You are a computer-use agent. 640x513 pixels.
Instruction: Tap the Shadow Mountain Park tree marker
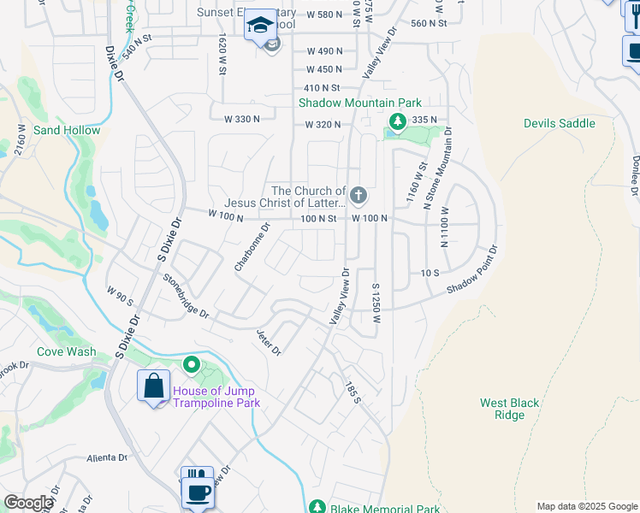tap(396, 120)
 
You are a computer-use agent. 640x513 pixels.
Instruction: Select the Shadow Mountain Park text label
tap(351, 103)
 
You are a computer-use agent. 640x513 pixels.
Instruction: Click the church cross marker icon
tap(359, 196)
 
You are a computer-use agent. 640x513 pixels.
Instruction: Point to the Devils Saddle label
tap(559, 123)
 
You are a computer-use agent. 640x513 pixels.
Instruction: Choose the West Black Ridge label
tap(509, 409)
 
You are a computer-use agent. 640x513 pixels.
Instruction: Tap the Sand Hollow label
tap(67, 130)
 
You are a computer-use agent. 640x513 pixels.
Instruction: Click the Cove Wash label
tap(66, 351)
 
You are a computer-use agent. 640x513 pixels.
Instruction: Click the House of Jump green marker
tap(193, 365)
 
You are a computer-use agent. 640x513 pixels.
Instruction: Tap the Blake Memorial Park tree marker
tap(317, 507)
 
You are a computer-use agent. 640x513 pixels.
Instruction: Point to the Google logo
tap(28, 503)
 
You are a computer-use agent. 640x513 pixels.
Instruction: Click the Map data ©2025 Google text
tap(586, 506)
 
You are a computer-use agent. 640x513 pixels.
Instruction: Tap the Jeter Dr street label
tap(269, 342)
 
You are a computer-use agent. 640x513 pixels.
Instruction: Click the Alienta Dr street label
tap(107, 457)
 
